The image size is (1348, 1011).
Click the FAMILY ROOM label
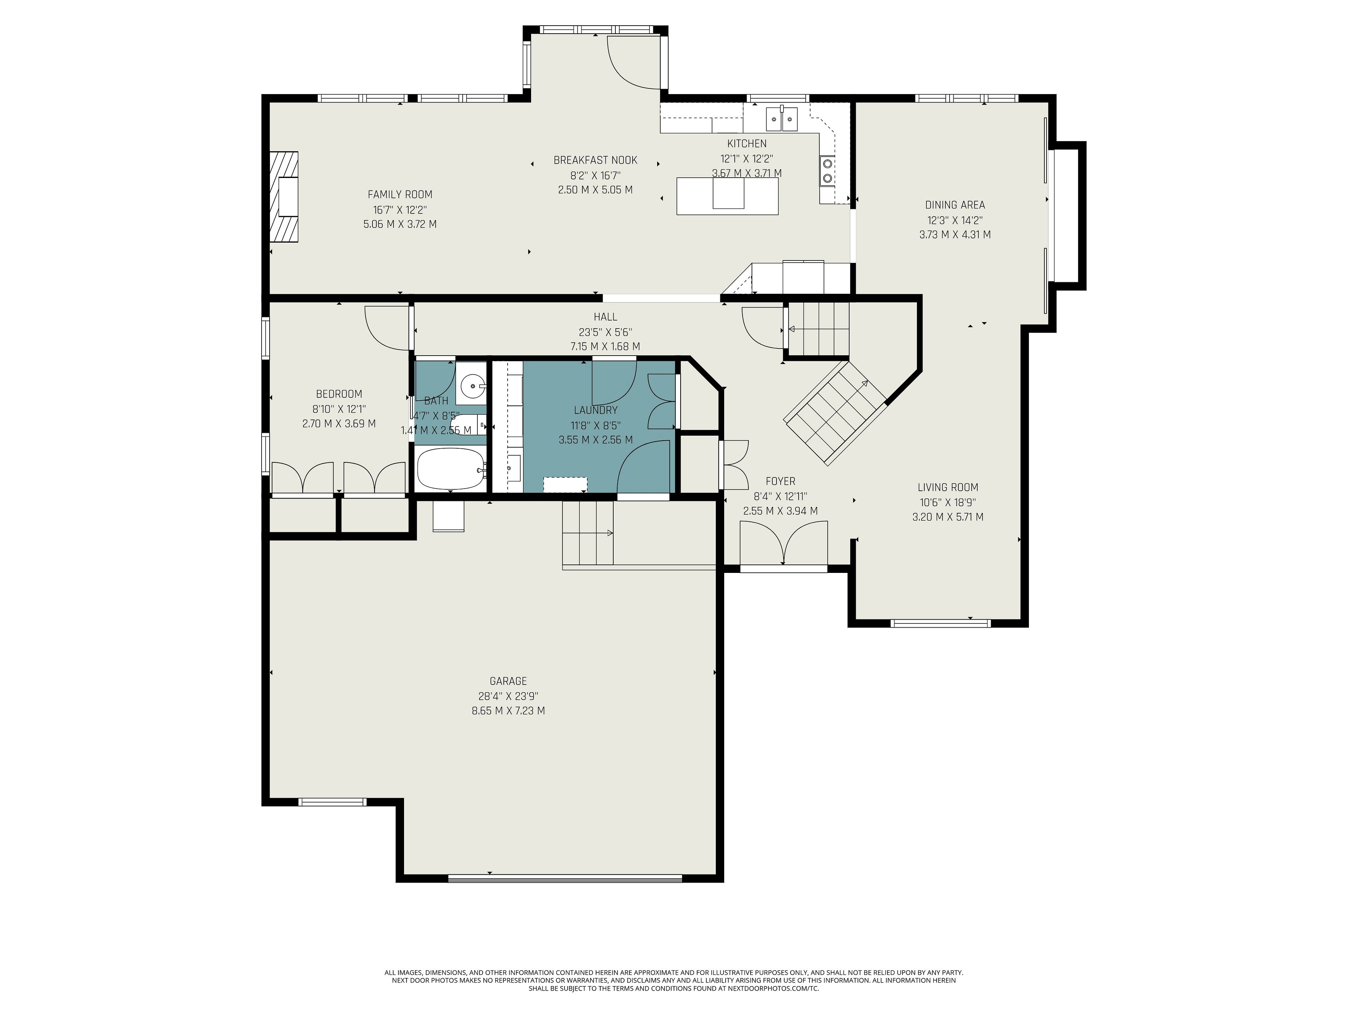(x=400, y=194)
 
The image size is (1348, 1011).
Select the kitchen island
(x=727, y=196)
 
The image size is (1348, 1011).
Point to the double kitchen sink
(x=781, y=119)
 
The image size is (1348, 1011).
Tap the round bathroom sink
(x=471, y=385)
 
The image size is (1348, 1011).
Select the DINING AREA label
(x=955, y=205)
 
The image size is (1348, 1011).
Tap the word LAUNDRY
(x=595, y=410)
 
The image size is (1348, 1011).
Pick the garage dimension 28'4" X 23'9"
(x=508, y=696)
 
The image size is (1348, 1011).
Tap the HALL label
(x=605, y=317)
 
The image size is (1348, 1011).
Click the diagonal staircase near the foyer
(x=835, y=412)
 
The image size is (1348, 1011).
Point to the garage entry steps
(x=587, y=533)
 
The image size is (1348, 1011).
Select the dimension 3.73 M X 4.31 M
(x=955, y=234)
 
